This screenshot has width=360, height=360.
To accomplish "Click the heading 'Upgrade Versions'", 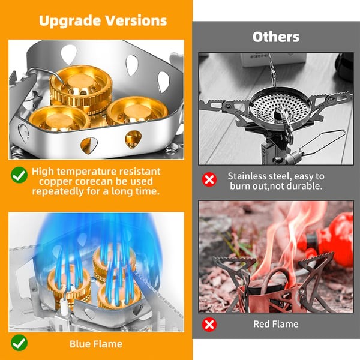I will tap(103, 20).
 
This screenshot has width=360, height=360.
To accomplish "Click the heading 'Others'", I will tap(275, 37).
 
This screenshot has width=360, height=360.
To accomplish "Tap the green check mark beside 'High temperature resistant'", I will tap(19, 175).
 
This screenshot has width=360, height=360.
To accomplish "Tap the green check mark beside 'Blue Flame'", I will tap(19, 343).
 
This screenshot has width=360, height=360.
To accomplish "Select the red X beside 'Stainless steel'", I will tap(209, 180).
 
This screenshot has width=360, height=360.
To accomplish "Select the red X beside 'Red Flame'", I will tap(209, 325).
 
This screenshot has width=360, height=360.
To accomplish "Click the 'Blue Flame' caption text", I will tap(95, 344).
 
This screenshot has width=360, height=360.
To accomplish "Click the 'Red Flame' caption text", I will tap(276, 325).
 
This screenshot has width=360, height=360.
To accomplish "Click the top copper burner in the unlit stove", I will tap(77, 87).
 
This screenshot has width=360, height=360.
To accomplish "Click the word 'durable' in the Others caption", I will tap(308, 187).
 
